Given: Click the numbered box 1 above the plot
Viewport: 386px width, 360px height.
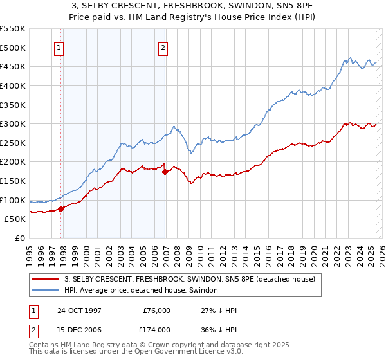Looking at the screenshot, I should tap(59, 47).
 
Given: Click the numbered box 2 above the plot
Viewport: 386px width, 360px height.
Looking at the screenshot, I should tap(163, 47).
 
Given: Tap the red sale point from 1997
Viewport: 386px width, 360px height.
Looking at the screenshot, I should tap(61, 208).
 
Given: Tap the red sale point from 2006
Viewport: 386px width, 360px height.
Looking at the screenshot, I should tap(165, 172).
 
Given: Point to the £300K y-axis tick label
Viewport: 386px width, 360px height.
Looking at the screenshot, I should tap(13, 123).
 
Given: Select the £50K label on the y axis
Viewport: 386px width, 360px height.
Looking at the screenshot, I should tap(15, 219).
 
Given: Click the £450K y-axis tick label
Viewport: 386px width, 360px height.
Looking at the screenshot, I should tap(13, 66).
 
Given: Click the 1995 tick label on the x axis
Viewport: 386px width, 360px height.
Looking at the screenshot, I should tap(30, 251).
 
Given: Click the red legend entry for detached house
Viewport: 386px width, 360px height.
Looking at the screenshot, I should tap(189, 279).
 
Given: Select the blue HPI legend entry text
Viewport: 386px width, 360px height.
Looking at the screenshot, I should tap(141, 291).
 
